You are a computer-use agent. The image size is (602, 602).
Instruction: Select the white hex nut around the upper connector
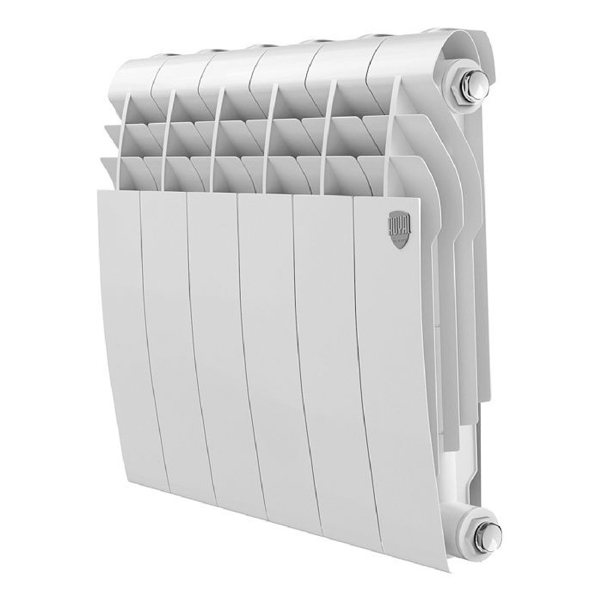(462, 88)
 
